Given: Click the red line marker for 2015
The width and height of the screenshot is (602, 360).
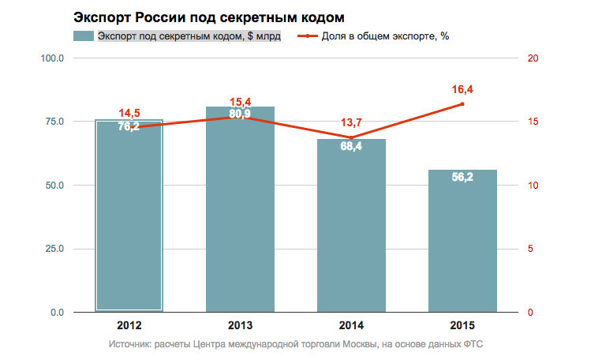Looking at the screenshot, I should coord(462,104).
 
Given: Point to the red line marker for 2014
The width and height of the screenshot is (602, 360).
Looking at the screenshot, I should coord(351,138).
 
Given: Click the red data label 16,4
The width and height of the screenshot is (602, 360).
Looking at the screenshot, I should coord(462,89).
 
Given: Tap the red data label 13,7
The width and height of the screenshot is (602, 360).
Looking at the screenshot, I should coord(351,122).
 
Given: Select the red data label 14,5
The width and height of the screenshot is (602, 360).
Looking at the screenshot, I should coord(129,113).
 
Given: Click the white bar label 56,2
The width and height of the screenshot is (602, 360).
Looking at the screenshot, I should coord(462,178).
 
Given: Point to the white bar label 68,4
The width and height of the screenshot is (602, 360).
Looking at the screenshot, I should coord(351,147).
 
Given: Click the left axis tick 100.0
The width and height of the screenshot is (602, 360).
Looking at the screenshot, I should coord(52,58).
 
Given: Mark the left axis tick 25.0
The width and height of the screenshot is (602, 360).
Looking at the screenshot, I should coord(54,249).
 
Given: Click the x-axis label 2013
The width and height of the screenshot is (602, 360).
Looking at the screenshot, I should coord(240,324).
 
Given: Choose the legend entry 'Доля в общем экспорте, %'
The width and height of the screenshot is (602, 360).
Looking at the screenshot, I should coord(385,36).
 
